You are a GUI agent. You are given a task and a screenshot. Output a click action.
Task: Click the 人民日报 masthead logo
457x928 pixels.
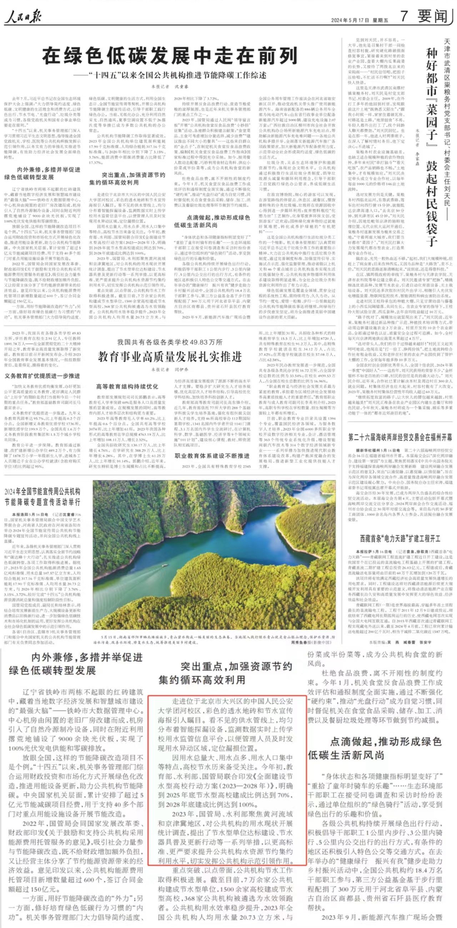click(22, 17)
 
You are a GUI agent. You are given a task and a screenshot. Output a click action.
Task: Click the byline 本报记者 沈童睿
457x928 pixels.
click(170, 87)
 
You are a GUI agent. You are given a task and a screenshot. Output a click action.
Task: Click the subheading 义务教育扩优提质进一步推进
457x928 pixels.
click(42, 376)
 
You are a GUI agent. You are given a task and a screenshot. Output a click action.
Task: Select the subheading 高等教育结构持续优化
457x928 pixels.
click(127, 386)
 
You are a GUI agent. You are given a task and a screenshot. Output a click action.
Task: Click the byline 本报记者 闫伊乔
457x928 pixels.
click(170, 370)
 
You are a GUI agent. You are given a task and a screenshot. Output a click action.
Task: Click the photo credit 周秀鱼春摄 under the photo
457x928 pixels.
click(309, 642)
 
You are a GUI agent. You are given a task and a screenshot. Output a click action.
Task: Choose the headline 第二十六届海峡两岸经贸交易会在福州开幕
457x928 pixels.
click(400, 438)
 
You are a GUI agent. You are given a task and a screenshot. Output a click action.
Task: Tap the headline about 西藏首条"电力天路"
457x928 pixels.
click(400, 539)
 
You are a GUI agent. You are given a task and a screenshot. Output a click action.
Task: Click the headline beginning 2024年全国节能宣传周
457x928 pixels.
click(42, 497)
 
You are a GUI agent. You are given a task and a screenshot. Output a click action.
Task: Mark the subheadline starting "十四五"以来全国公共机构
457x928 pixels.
click(174, 75)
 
